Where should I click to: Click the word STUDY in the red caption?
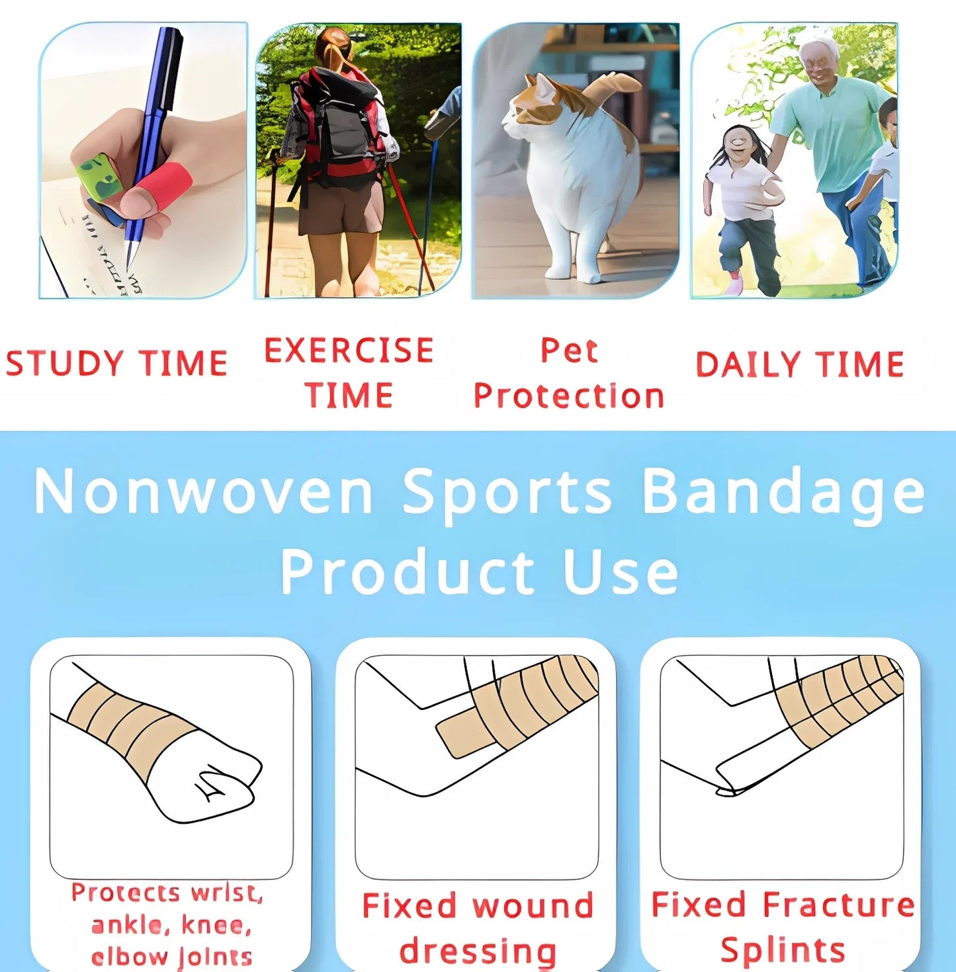[x=64, y=364]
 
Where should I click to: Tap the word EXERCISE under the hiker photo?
[x=349, y=351]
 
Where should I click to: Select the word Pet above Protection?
[x=569, y=351]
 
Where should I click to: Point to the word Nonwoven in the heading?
[x=204, y=492]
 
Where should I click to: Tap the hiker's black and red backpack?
[x=337, y=126]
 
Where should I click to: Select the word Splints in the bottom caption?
[x=783, y=950]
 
